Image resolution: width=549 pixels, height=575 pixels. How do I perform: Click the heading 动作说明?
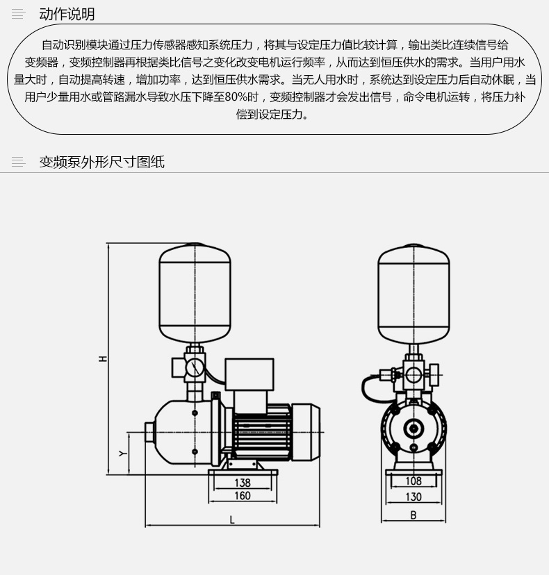67,14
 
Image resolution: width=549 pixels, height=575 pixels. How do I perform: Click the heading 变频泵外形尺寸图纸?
102,162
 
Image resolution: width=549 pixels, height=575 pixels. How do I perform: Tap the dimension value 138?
243,482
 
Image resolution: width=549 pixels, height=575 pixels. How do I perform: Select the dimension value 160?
243,496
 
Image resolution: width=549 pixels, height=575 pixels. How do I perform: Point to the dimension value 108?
413,481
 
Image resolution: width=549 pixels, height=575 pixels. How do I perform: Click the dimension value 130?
413,497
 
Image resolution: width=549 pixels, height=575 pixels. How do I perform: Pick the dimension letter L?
232,519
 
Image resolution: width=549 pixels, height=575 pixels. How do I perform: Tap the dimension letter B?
413,515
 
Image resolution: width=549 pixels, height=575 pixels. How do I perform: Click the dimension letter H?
103,358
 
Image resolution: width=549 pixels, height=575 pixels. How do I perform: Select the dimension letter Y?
123,453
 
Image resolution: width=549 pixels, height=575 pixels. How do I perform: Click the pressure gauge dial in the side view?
194,367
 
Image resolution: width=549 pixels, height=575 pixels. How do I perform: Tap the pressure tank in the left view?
195,292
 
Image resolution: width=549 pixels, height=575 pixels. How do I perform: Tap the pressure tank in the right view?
413,294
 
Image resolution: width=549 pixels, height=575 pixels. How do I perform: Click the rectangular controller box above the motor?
249,374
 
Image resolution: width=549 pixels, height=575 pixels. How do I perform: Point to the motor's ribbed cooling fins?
262,435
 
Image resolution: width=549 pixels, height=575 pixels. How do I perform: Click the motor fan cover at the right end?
306,432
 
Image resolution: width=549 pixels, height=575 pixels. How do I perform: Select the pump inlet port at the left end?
149,433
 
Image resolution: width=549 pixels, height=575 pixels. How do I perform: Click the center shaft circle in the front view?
413,428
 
